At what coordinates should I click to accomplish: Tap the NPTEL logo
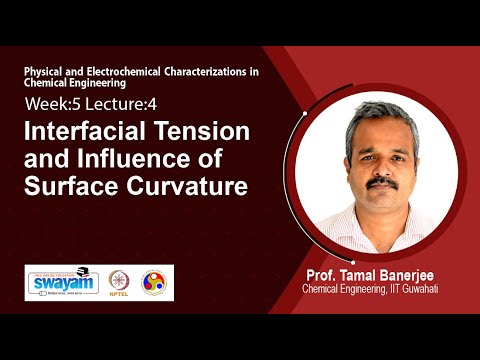pos(120,282)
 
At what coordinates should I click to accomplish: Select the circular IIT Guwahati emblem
pos(155,282)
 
